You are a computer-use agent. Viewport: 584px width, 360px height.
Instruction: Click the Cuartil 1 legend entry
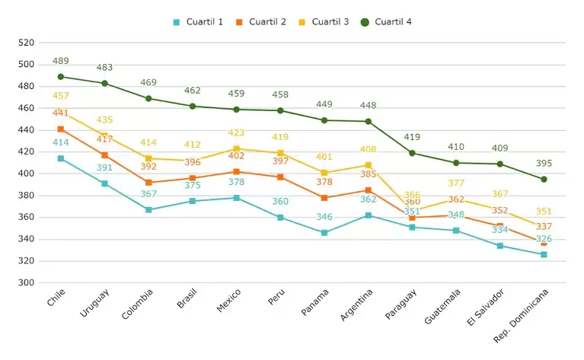point(199,21)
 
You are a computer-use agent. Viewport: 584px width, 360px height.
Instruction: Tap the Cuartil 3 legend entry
point(324,21)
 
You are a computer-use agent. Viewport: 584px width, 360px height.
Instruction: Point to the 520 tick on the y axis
point(26,43)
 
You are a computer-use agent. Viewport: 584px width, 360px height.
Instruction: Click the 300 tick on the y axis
point(26,282)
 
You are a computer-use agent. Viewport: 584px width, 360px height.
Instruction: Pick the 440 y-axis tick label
point(26,130)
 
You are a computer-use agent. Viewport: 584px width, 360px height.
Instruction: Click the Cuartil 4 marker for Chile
point(61,77)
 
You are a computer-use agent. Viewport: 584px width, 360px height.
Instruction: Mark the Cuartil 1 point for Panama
point(324,233)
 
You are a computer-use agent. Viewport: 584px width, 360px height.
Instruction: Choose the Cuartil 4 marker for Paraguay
point(412,153)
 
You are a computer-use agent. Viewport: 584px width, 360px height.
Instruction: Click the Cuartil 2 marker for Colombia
point(148,183)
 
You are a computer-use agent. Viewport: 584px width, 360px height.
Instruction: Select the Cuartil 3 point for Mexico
point(236,149)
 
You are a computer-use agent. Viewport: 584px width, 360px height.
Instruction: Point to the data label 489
point(61,61)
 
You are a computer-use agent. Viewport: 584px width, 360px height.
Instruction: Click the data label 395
point(544,164)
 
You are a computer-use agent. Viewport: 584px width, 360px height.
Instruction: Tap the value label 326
point(544,239)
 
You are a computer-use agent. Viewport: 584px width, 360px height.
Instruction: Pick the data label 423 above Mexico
point(236,133)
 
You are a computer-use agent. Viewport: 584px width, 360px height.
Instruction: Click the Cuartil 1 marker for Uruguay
point(105,183)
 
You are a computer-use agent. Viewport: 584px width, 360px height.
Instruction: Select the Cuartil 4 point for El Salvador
point(499,164)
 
